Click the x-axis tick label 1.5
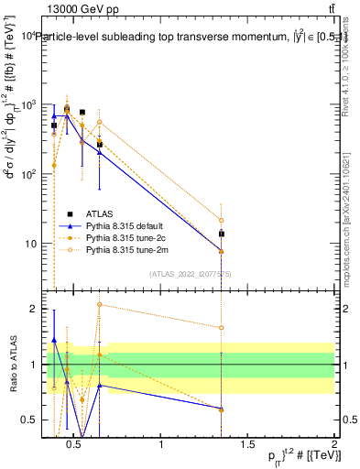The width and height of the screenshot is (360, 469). [x=248, y=445]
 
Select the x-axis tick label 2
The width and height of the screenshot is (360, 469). [x=334, y=445]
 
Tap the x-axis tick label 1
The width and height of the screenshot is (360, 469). [x=162, y=445]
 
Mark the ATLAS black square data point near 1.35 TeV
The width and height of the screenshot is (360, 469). [x=222, y=234]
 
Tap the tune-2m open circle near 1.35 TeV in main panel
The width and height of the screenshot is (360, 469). [x=222, y=220]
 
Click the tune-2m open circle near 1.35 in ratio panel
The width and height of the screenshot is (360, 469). [x=222, y=327]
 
